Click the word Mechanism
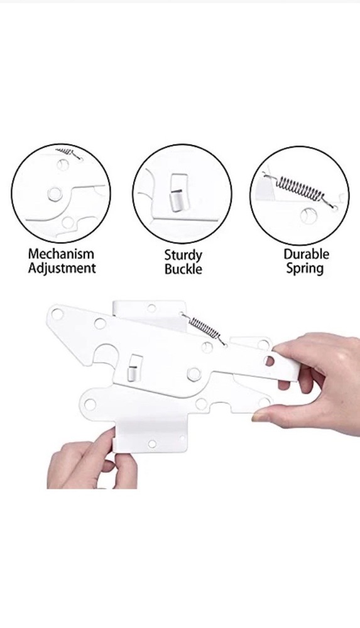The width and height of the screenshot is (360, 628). click(61, 254)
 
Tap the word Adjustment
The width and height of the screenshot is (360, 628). click(62, 268)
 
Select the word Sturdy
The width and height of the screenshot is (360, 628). click(183, 256)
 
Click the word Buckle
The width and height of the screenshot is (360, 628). click(183, 269)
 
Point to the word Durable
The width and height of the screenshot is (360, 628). click(307, 254)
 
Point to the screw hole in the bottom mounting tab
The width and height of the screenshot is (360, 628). click(151, 444)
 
